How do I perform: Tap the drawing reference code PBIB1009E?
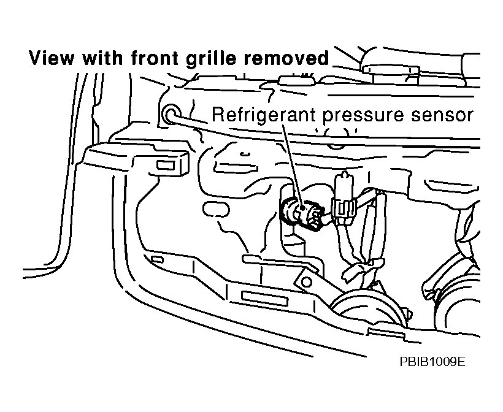[431, 362]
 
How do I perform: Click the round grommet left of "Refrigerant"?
[171, 113]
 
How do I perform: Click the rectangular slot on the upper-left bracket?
[166, 164]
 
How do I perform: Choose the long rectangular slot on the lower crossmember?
[266, 299]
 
